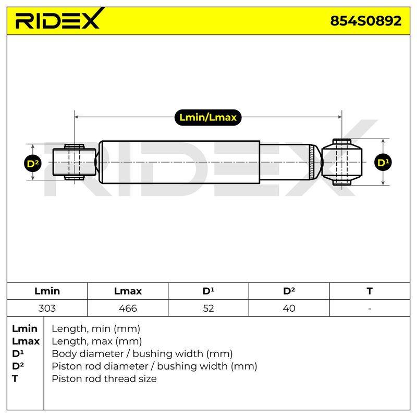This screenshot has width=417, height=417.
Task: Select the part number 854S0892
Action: coord(366,21)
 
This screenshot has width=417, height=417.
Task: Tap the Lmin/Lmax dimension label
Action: coord(208,117)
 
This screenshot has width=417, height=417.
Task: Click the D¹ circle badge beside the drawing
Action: coord(383,162)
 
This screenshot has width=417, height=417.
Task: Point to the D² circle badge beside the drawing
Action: coord(33,163)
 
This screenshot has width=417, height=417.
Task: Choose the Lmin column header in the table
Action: coord(47,291)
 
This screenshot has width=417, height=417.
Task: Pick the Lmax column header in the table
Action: coord(128,291)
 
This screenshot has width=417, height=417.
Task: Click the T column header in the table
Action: coord(370,291)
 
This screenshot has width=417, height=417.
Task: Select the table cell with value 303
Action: coord(47,308)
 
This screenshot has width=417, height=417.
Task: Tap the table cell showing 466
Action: coord(128,308)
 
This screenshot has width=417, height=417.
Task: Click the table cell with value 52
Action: coord(208,308)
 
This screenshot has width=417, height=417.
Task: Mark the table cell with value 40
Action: coord(289,308)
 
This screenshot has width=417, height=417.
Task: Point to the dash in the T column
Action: coord(370,309)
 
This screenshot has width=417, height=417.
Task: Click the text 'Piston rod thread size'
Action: coord(104,379)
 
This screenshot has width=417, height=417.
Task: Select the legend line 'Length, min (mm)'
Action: coord(96,329)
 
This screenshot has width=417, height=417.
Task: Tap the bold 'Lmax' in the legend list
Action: coord(26,341)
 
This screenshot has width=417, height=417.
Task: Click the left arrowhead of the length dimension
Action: coord(76,117)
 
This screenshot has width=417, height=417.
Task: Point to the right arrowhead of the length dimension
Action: coord(340,117)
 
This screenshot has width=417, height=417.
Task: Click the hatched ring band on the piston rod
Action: coord(312,162)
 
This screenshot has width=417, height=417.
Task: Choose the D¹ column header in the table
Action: coord(208,291)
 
